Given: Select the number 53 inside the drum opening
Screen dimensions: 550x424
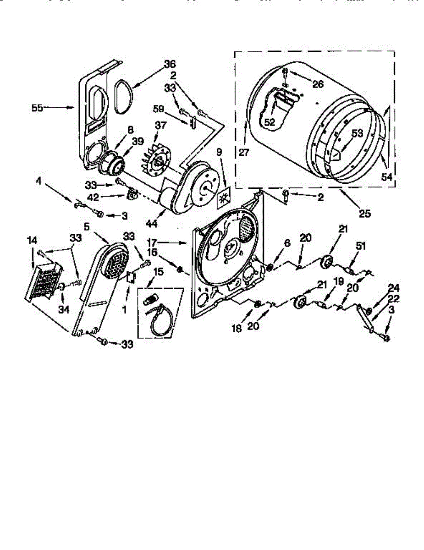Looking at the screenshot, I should click(x=358, y=133).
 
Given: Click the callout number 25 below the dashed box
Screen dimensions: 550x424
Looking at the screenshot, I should click(x=364, y=213).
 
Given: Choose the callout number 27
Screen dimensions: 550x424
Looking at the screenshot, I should click(x=244, y=153).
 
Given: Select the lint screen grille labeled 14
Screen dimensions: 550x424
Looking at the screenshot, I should click(x=44, y=282).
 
